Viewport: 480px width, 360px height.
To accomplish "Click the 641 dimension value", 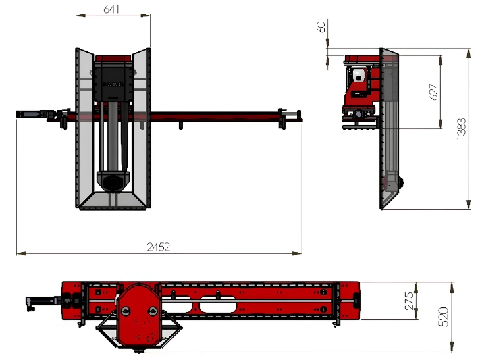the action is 111,9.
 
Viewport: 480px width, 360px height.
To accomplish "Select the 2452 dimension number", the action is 158,247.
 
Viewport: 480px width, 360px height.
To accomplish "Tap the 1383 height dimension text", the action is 461,129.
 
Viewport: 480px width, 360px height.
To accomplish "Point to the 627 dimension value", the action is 434,92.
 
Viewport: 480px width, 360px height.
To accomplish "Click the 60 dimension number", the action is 321,26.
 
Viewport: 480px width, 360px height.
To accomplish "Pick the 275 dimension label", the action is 409,301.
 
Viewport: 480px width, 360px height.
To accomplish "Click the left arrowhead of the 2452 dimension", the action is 21,253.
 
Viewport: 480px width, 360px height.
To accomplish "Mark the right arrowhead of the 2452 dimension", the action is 297,253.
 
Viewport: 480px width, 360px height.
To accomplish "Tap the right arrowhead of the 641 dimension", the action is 146,15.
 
